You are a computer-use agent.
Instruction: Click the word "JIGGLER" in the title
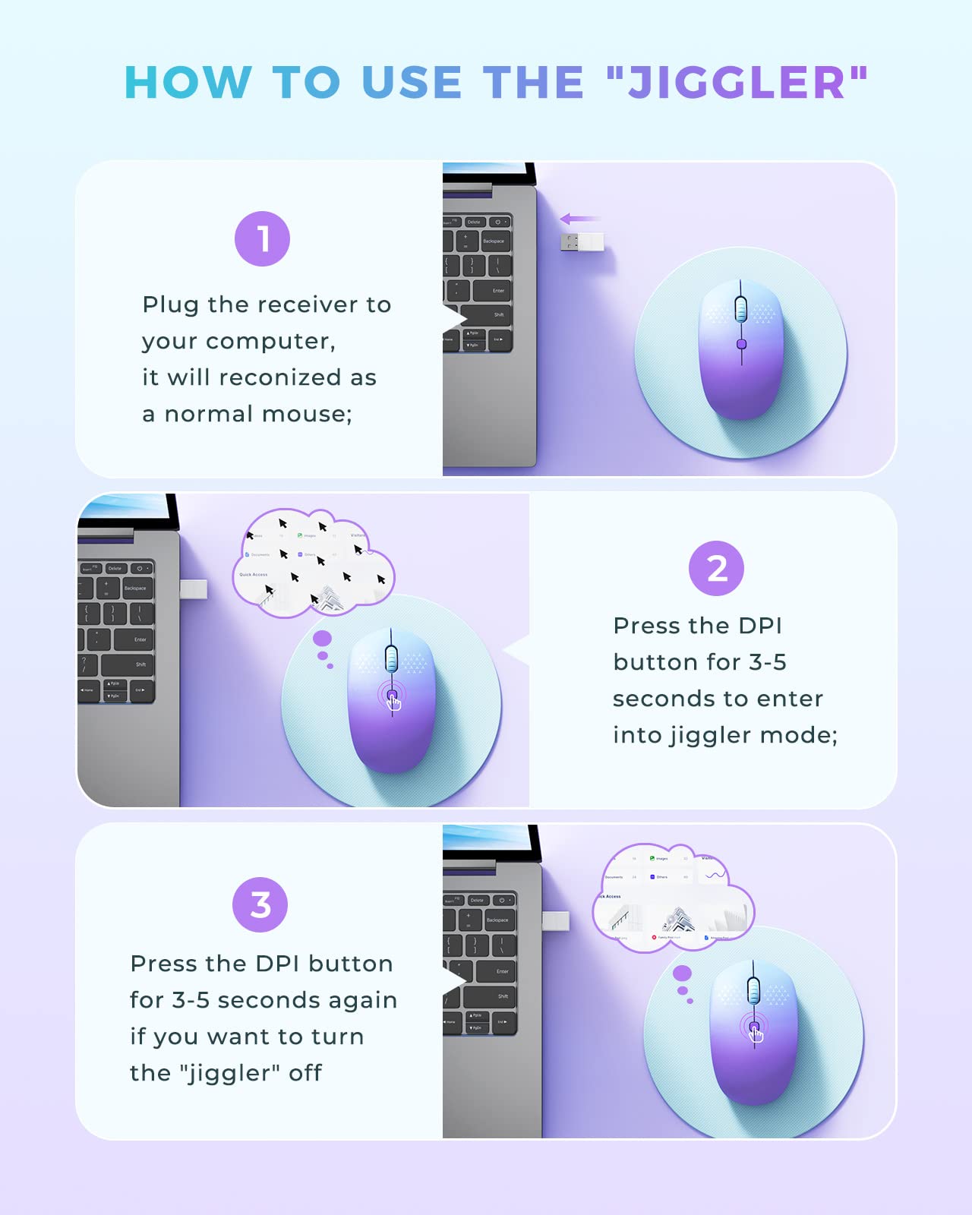pos(737,82)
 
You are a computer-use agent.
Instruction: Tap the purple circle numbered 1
pos(262,239)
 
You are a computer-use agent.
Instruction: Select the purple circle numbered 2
pos(716,569)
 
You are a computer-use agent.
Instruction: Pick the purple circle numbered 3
pos(260,904)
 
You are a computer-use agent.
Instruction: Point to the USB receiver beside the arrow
pos(582,242)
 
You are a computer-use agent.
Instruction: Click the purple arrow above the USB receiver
pos(579,219)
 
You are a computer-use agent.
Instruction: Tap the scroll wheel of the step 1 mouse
pos(741,310)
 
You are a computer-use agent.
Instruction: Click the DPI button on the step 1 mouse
pos(742,344)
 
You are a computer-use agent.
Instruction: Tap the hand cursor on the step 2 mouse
pos(393,701)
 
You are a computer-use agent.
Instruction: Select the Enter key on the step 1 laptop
pos(494,291)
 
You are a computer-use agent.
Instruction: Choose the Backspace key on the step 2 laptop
pos(135,588)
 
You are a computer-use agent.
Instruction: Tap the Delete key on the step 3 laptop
pos(477,900)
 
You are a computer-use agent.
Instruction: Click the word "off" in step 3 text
pos(305,1073)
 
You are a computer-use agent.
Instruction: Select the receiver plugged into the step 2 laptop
pos(194,589)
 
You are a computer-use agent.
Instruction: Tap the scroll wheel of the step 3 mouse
pos(753,989)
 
